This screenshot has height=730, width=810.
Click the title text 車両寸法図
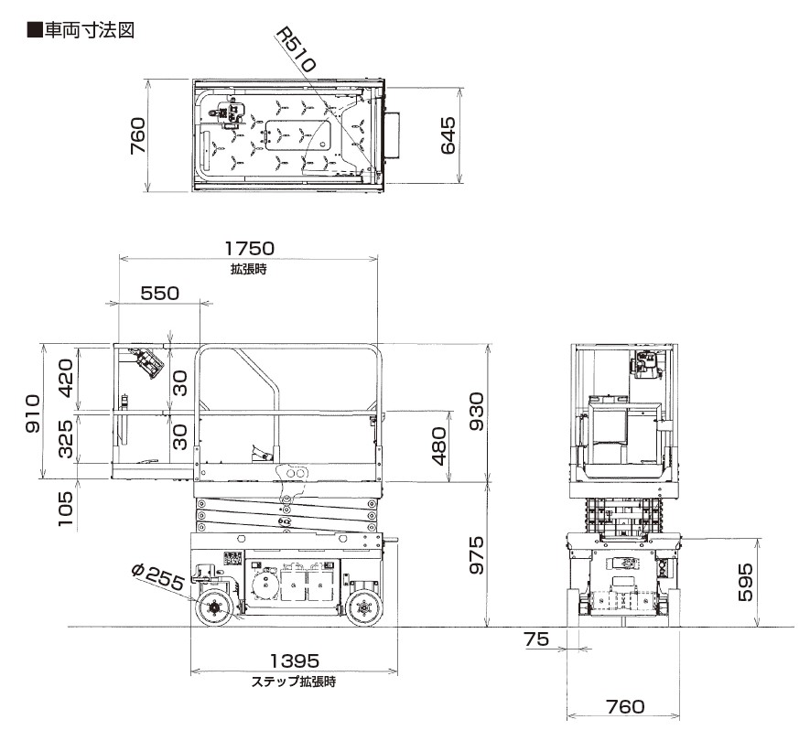tap(89, 30)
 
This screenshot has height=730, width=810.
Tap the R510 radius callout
tap(295, 50)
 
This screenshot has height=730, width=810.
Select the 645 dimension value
tap(448, 135)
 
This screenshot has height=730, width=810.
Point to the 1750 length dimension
tap(250, 248)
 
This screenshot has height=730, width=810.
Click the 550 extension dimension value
tap(160, 294)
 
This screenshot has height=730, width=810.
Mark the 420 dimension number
tap(66, 378)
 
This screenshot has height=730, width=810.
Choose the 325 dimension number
tap(66, 439)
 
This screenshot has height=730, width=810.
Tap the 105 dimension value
tap(66, 509)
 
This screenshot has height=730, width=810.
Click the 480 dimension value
tap(439, 446)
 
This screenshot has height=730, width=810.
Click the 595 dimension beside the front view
tap(745, 583)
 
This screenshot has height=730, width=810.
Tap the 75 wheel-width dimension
tap(536, 639)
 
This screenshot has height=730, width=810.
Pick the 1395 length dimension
tap(295, 660)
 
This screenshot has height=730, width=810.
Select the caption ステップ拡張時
tap(294, 682)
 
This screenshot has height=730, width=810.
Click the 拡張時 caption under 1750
tap(249, 269)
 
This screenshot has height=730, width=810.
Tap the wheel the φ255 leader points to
tap(213, 608)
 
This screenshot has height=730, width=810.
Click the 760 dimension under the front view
tap(626, 706)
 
